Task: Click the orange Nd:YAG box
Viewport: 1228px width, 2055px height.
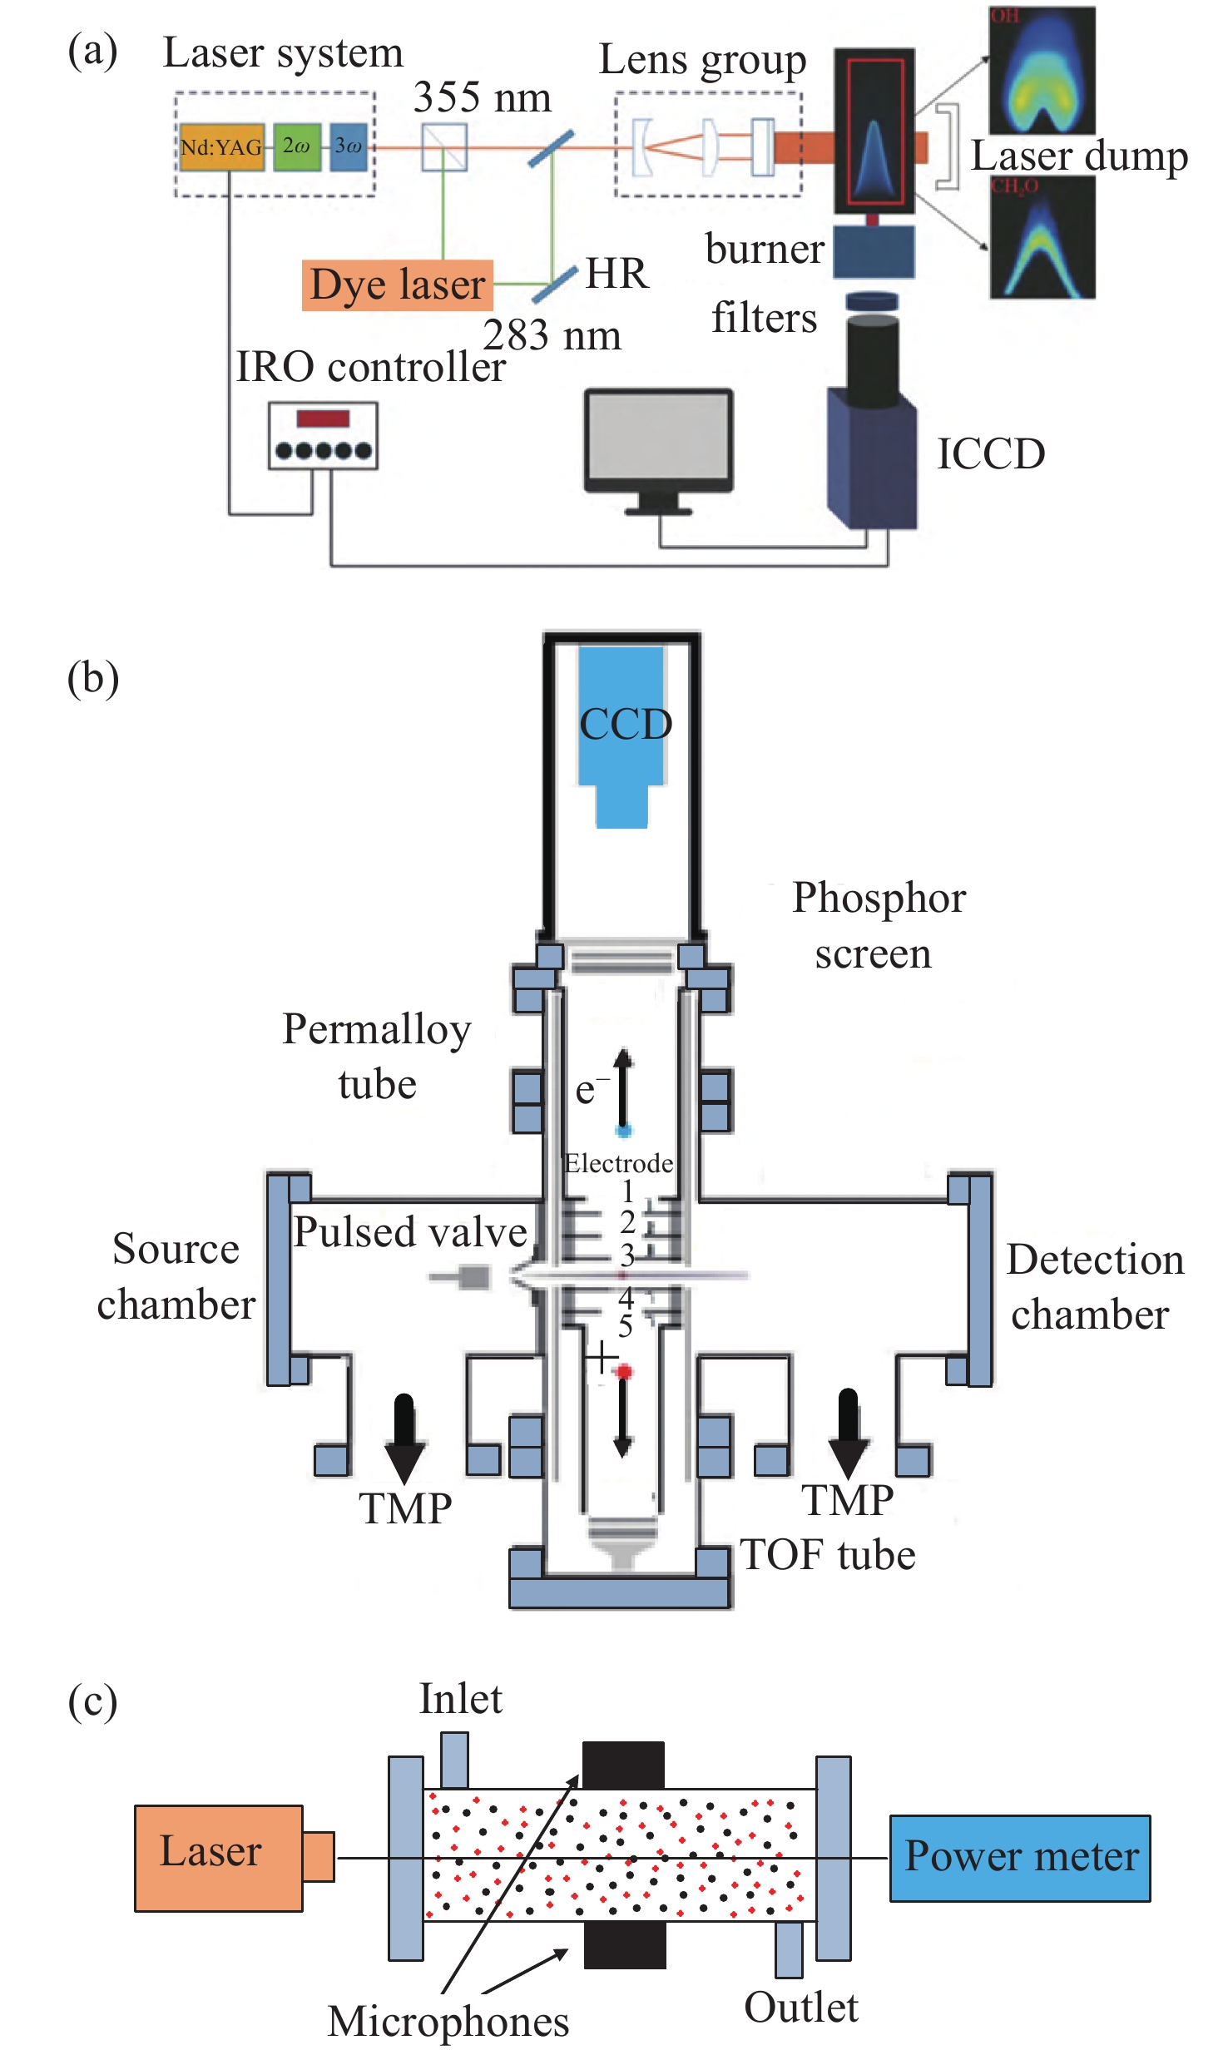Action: pyautogui.click(x=221, y=147)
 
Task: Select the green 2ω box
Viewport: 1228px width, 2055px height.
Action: pyautogui.click(x=297, y=146)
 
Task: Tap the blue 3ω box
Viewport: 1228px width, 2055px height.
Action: pyautogui.click(x=349, y=146)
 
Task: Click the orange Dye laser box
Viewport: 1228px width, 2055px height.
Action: pyautogui.click(x=397, y=285)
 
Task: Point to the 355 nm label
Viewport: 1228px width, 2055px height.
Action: pyautogui.click(x=482, y=98)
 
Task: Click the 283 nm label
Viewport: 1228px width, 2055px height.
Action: pyautogui.click(x=552, y=336)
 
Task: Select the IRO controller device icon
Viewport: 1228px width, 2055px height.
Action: pyautogui.click(x=323, y=436)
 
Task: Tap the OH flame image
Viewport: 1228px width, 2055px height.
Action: pyautogui.click(x=1042, y=71)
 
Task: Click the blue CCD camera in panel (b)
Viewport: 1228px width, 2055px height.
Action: pyautogui.click(x=622, y=732)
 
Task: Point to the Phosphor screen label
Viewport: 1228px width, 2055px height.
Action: pyautogui.click(x=878, y=925)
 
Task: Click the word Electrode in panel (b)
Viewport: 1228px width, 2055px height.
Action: pyautogui.click(x=618, y=1163)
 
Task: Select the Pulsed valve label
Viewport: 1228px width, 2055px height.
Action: pyautogui.click(x=410, y=1232)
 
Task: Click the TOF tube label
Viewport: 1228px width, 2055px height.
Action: pyautogui.click(x=828, y=1554)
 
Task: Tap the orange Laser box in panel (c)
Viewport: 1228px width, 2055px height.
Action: pyautogui.click(x=218, y=1858)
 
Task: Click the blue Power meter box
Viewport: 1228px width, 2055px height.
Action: pyautogui.click(x=1020, y=1858)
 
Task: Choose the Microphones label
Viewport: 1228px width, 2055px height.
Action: pyautogui.click(x=448, y=2021)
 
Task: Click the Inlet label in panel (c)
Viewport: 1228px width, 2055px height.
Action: pyautogui.click(x=460, y=1698)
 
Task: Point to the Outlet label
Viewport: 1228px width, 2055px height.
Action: pyautogui.click(x=800, y=2007)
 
